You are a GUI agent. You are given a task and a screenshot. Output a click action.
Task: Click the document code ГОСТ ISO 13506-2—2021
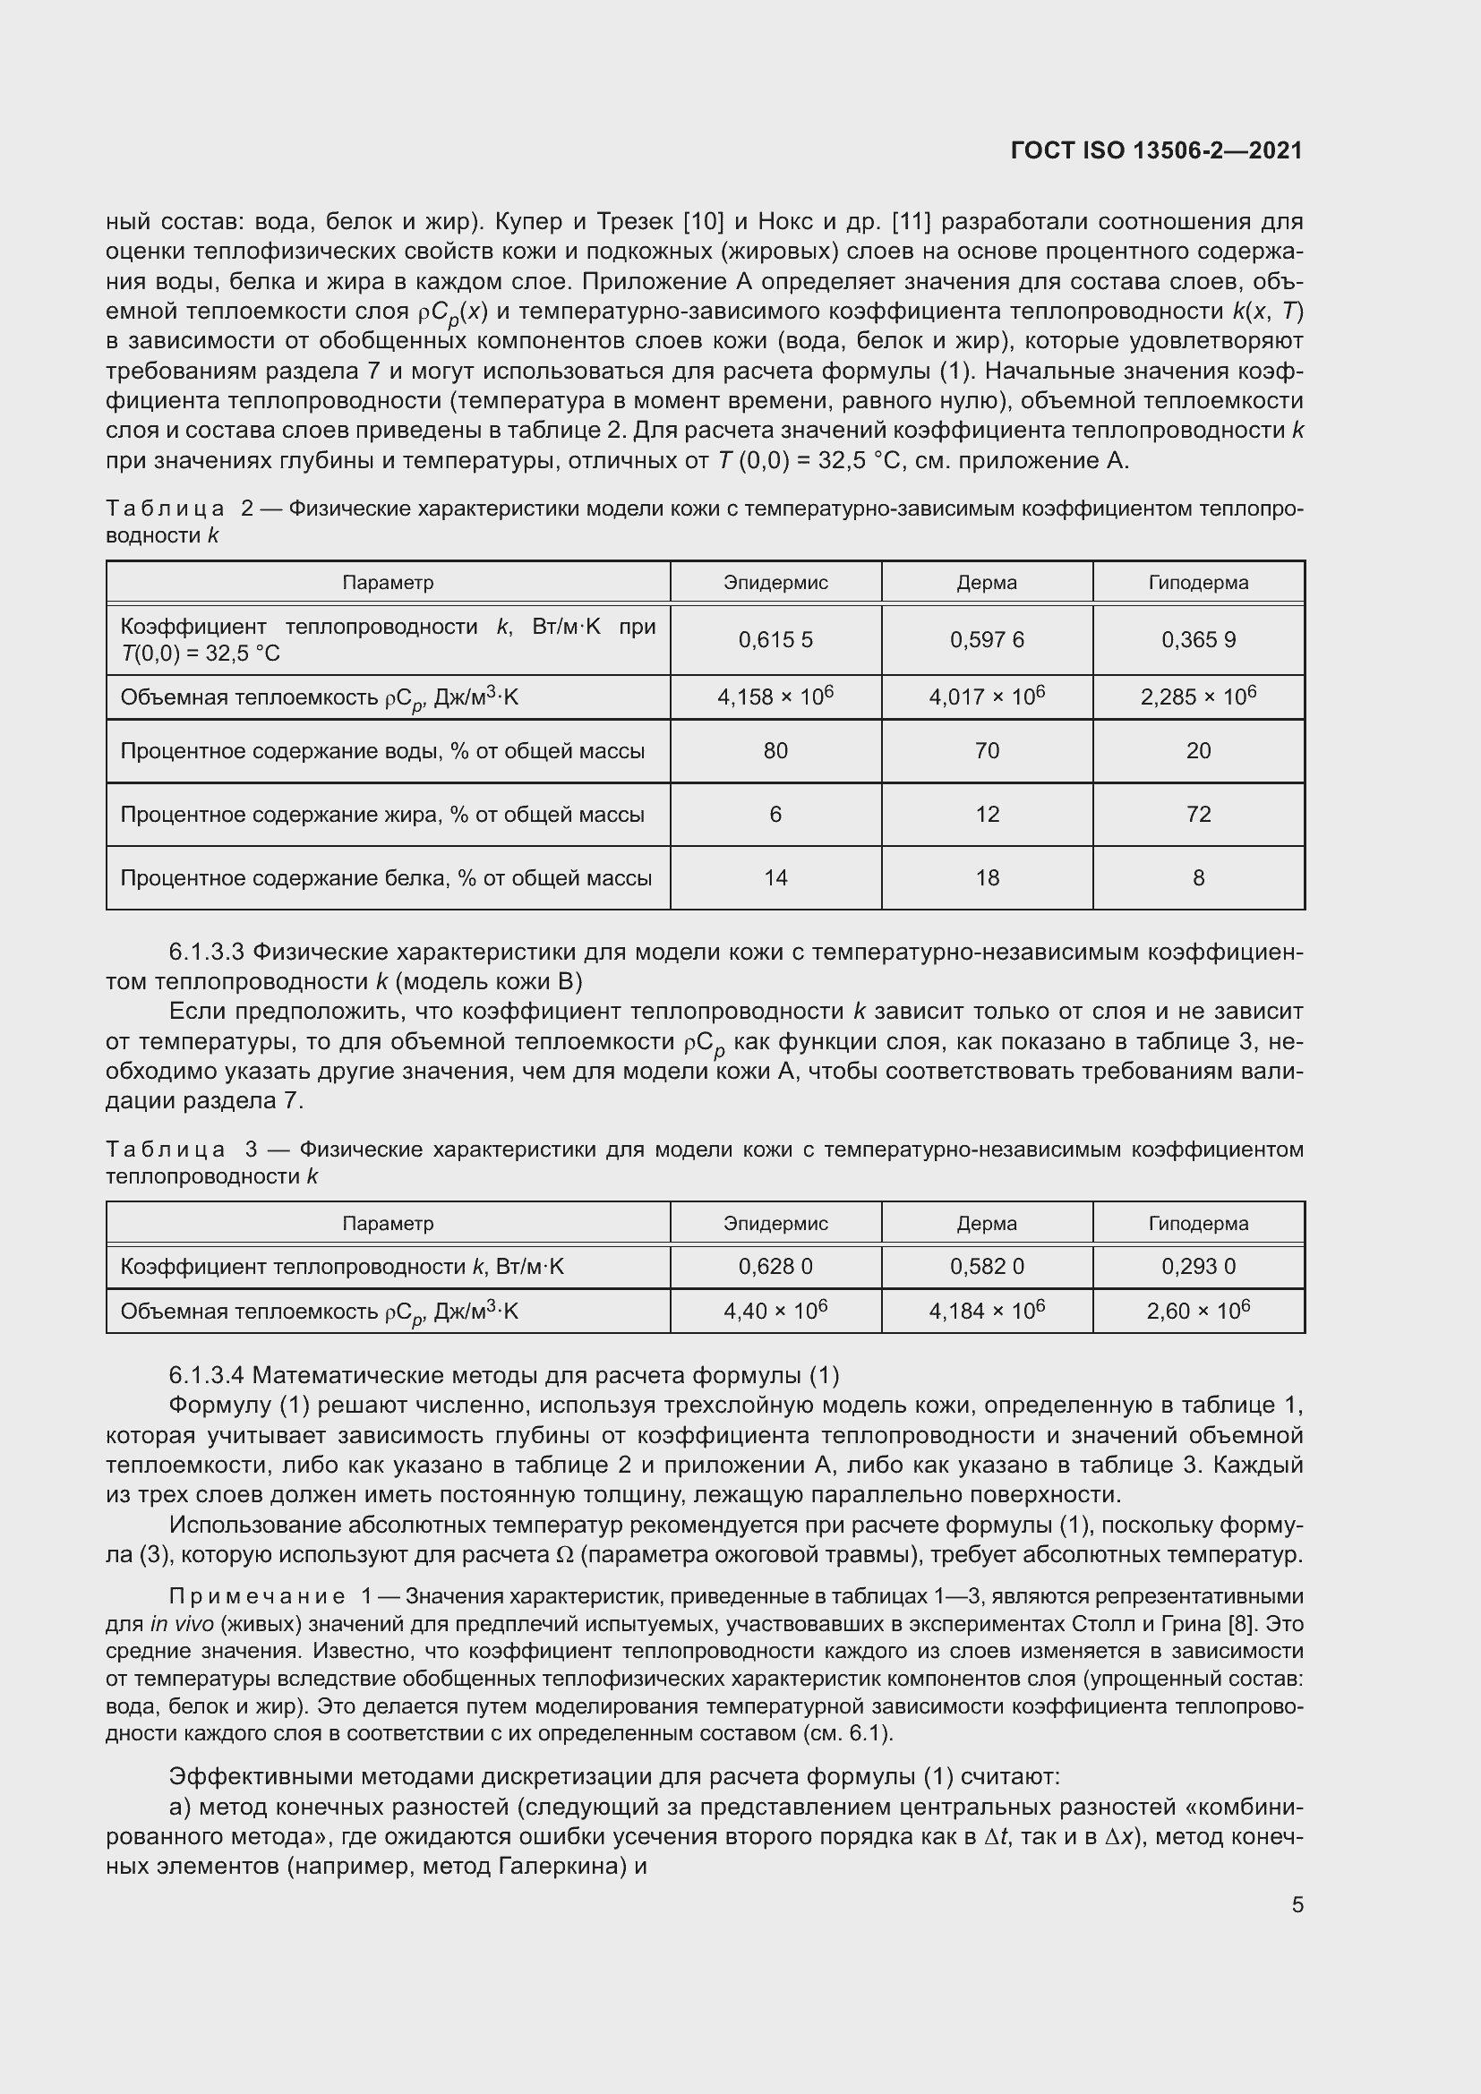point(1156,151)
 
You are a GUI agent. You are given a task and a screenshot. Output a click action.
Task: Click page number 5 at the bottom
point(1297,1904)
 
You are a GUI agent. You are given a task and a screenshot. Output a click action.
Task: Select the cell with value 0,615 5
point(775,639)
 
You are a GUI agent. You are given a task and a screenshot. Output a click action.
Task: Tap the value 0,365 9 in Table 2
point(1198,639)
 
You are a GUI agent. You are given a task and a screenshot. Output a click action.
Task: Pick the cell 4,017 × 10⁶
point(987,697)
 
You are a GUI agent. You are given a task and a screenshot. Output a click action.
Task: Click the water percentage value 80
point(775,750)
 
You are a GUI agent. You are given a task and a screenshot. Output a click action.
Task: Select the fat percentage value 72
point(1198,814)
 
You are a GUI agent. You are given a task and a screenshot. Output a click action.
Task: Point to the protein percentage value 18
point(987,877)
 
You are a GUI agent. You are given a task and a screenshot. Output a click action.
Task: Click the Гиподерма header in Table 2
point(1198,582)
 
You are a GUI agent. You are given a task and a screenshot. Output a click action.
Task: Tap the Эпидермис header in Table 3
point(775,1223)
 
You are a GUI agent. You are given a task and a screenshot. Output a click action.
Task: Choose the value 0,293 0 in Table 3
point(1198,1266)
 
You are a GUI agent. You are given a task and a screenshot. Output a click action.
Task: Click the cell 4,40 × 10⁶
point(775,1311)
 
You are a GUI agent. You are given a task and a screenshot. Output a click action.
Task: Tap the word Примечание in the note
point(257,1597)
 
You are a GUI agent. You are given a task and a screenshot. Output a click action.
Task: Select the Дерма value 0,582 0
point(987,1266)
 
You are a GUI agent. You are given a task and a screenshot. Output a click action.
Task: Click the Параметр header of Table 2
point(388,582)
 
